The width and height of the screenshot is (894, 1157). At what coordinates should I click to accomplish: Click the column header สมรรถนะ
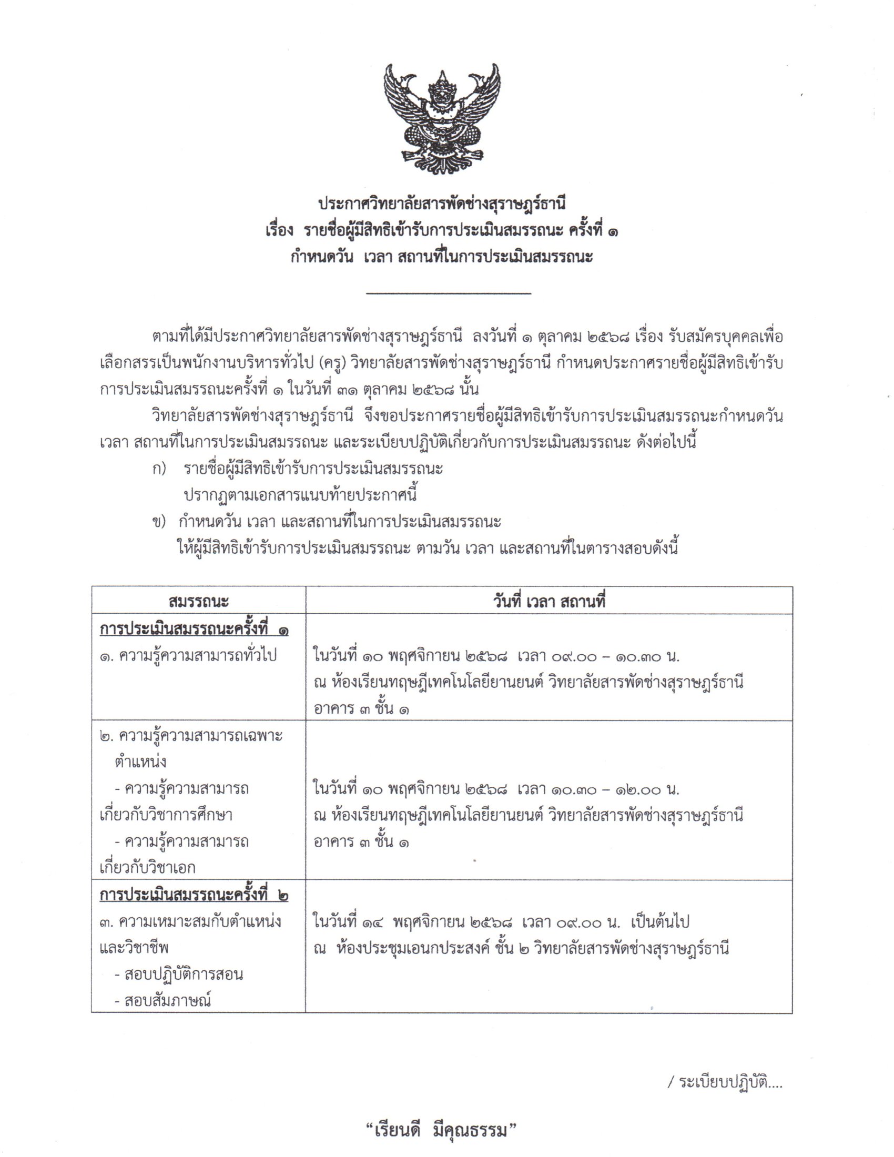198,601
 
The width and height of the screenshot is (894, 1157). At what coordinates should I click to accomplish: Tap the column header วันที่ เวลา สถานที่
549,601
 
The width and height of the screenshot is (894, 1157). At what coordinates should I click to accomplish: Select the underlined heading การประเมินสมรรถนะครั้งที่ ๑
194,630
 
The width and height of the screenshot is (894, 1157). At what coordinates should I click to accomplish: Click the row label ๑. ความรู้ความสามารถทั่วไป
188,656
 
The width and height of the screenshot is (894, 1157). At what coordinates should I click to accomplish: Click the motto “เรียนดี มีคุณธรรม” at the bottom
441,1131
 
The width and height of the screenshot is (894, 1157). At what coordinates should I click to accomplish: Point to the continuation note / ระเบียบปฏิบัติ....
725,1082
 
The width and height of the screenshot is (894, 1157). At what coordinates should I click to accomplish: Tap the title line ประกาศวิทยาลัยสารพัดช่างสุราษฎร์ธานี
442,204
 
